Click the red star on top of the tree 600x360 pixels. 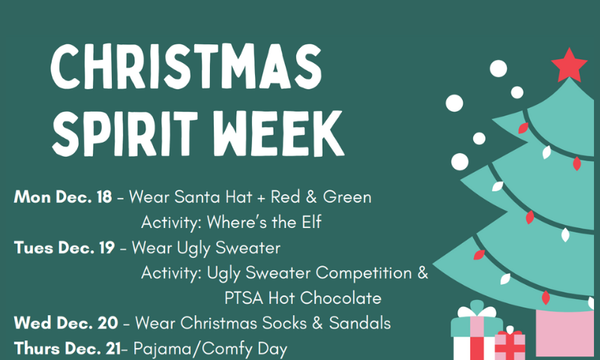(569, 67)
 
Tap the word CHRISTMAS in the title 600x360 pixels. (186, 67)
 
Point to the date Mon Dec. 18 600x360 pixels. (63, 197)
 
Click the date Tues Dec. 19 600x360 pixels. (64, 247)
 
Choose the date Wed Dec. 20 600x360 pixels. (66, 323)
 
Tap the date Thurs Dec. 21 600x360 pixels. (67, 349)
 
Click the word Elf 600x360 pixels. (311, 222)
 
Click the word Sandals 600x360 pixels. (360, 323)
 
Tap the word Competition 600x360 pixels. (364, 273)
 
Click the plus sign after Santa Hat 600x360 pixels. (261, 198)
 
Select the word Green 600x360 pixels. (347, 197)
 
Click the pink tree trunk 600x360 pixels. (565, 332)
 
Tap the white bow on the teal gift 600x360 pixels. (477, 310)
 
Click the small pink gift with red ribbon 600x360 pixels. (510, 344)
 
